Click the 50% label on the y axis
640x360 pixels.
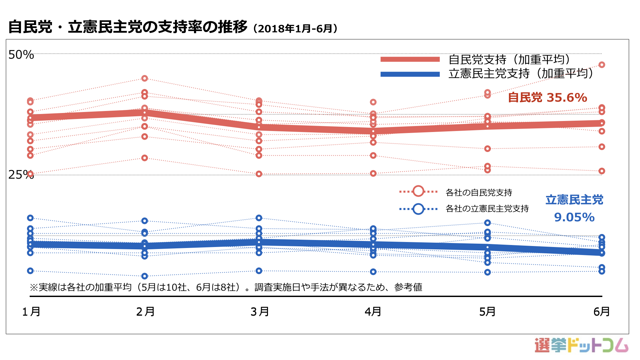(21, 55)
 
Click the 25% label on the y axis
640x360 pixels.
(21, 174)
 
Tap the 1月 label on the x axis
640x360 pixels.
(31, 312)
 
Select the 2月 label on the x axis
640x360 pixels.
(145, 312)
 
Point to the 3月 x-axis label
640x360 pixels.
(260, 312)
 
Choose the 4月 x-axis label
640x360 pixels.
(373, 312)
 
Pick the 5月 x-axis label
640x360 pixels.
(487, 312)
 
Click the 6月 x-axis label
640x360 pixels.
(602, 312)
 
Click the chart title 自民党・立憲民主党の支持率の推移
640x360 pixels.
(128, 27)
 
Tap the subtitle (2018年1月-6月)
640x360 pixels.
(295, 29)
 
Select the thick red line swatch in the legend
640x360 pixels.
(410, 59)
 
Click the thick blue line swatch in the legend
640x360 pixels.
(410, 74)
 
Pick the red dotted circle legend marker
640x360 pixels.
(418, 191)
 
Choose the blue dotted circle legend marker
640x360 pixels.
(418, 209)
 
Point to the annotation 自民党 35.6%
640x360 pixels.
(547, 98)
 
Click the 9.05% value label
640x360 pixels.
(574, 217)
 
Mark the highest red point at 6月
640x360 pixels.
(602, 65)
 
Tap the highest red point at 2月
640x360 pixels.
(145, 78)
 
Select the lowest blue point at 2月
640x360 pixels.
(145, 276)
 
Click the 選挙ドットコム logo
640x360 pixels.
(581, 345)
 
